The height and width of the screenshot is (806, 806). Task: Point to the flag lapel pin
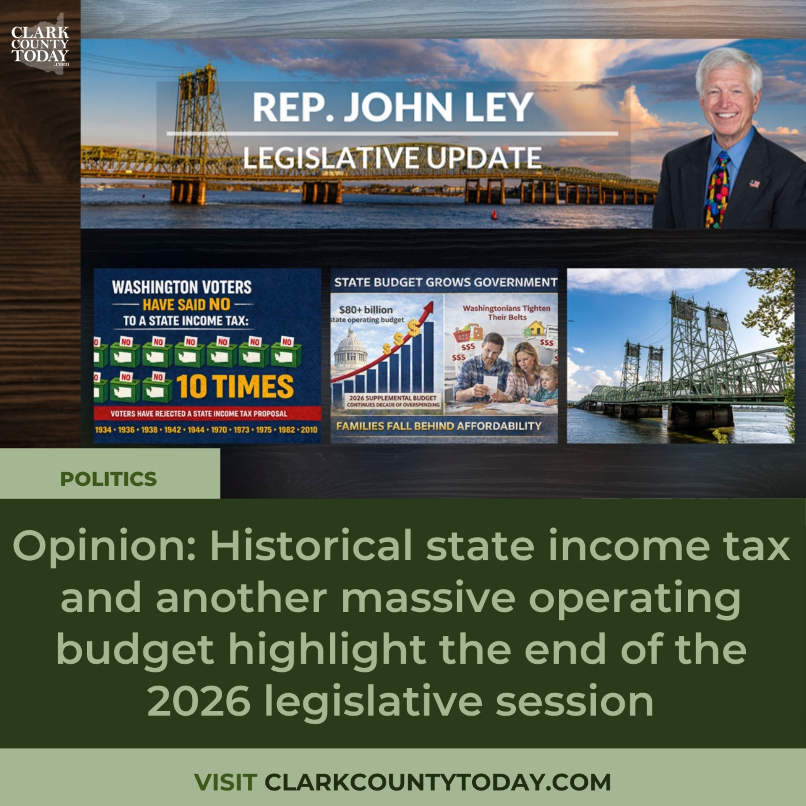(754, 183)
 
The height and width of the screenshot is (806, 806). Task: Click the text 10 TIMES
(235, 386)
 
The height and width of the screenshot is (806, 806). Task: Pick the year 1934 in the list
(103, 430)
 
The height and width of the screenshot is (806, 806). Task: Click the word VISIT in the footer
(225, 782)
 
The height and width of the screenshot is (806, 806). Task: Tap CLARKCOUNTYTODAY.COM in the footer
(438, 782)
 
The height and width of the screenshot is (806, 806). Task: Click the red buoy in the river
(495, 214)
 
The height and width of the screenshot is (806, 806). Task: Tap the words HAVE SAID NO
(186, 305)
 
